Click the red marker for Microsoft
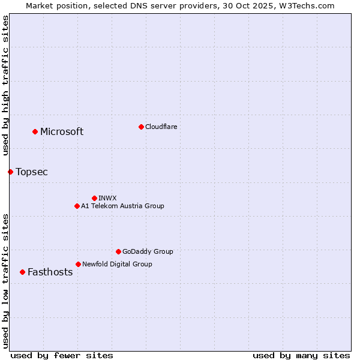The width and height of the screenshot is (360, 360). (x=35, y=131)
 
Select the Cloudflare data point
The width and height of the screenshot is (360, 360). (x=141, y=127)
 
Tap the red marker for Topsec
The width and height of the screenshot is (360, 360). (x=10, y=172)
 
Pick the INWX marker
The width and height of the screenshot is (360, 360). (x=94, y=198)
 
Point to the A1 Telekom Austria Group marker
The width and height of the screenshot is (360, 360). (x=77, y=206)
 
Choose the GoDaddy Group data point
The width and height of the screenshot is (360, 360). (x=118, y=251)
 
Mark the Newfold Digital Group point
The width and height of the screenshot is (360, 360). (x=78, y=264)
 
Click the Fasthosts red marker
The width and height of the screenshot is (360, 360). (x=22, y=272)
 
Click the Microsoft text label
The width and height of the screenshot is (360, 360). (x=62, y=132)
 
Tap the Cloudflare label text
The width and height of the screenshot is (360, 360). (x=161, y=127)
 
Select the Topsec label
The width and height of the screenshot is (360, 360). (x=32, y=172)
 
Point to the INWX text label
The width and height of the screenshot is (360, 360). (x=107, y=198)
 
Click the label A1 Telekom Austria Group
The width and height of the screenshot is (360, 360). (x=122, y=206)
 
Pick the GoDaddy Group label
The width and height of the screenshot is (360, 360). (x=148, y=251)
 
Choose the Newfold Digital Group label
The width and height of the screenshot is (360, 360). (x=117, y=264)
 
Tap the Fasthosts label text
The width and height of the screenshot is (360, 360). (x=50, y=272)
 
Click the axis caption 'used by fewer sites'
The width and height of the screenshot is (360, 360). (x=62, y=355)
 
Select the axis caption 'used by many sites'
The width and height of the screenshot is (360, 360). (x=301, y=355)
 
